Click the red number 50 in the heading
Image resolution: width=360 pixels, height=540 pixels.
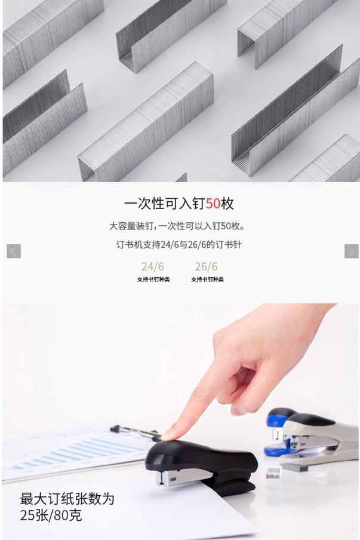pyautogui.click(x=213, y=204)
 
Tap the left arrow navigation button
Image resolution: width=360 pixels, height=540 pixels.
pyautogui.click(x=14, y=251)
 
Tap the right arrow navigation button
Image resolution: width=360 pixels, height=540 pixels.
pyautogui.click(x=352, y=251)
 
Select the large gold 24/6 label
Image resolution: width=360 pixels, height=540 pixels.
pyautogui.click(x=152, y=266)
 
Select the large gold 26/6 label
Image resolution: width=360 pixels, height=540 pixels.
pyautogui.click(x=206, y=266)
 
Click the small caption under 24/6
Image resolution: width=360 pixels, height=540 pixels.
pyautogui.click(x=153, y=280)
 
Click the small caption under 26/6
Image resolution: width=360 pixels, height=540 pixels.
pyautogui.click(x=207, y=280)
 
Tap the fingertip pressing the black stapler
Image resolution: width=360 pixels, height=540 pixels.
pyautogui.click(x=169, y=435)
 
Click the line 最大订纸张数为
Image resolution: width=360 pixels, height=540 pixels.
pyautogui.click(x=67, y=498)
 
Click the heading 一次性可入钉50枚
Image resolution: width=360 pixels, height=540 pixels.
pyautogui.click(x=179, y=204)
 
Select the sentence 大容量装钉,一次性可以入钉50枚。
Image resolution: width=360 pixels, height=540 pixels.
pyautogui.click(x=177, y=226)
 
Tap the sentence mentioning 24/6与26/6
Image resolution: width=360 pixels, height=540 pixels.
pyautogui.click(x=179, y=245)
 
